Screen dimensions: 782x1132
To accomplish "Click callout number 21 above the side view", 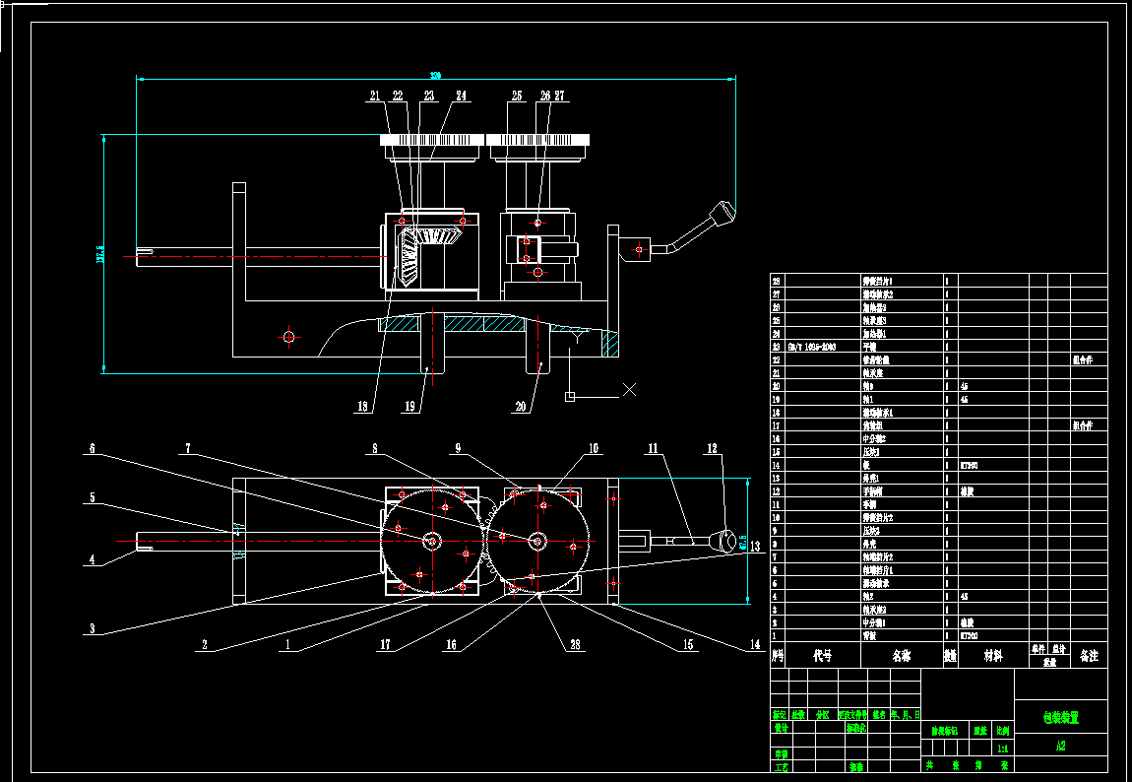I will (x=375, y=97).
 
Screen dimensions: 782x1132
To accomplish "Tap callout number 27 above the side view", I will (x=559, y=97).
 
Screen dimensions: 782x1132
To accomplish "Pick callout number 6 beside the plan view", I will (x=93, y=448).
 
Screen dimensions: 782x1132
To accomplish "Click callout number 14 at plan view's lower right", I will (x=755, y=645).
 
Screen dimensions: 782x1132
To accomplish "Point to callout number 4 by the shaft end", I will (x=93, y=560).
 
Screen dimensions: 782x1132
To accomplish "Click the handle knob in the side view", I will (x=725, y=212).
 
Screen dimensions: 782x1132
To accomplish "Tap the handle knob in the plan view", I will (x=726, y=541).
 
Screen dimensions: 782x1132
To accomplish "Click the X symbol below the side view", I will (x=629, y=390).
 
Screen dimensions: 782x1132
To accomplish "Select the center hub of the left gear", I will (x=431, y=540).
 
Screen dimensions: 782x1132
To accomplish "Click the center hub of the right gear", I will (x=537, y=540).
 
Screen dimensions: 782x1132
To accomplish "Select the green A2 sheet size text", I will (x=1060, y=747).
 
